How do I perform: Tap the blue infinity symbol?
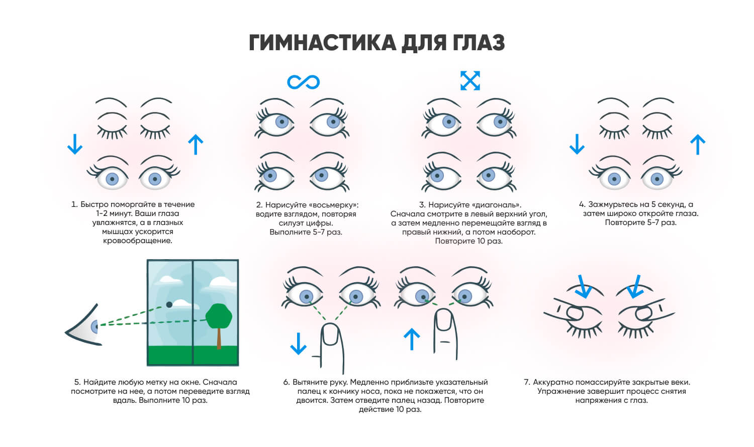tap(303, 81)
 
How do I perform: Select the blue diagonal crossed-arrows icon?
tap(470, 81)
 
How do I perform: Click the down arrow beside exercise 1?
tap(75, 144)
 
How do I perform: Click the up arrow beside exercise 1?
tap(195, 145)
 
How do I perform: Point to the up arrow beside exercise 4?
tap(697, 145)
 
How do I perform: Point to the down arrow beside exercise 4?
tap(577, 144)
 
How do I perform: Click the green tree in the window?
tap(219, 315)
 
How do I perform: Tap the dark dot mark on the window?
tap(169, 305)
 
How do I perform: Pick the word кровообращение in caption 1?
tap(137, 241)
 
